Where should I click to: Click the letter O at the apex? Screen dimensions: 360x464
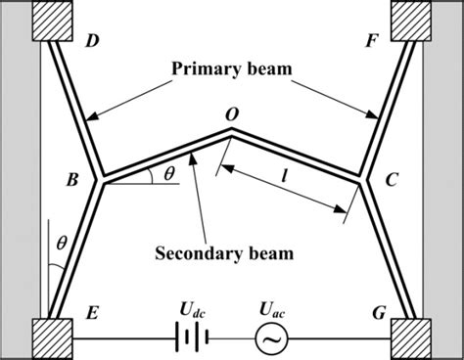[231, 114]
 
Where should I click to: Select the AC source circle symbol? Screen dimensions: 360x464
[267, 339]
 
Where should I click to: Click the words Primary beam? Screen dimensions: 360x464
[232, 69]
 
